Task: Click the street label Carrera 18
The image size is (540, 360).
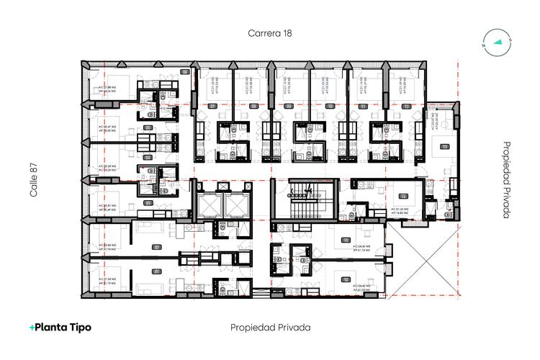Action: [x=270, y=33]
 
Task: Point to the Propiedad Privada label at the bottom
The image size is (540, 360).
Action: [x=270, y=327]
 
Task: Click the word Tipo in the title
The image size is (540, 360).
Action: [x=78, y=327]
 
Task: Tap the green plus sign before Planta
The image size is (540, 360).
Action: [x=32, y=327]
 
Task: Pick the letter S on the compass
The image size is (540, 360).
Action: [x=509, y=40]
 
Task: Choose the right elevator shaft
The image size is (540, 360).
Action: [x=237, y=207]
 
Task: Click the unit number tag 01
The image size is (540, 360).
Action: [x=156, y=271]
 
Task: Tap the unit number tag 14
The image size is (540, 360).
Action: [x=404, y=196]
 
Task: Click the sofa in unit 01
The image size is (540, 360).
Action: [x=147, y=287]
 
